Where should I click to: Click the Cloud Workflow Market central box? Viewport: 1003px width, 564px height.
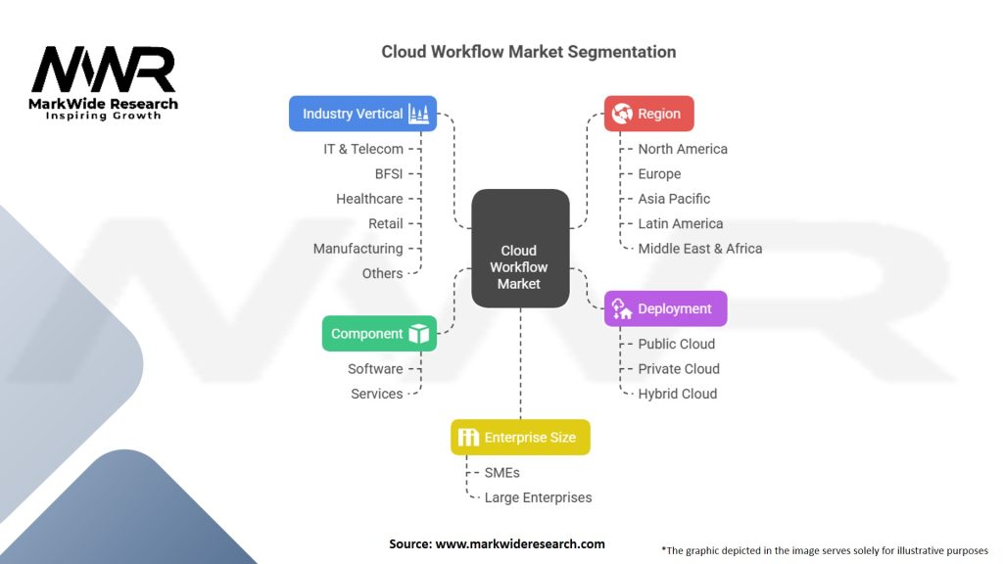pyautogui.click(x=519, y=248)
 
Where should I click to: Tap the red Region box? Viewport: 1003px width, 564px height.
pyautogui.click(x=648, y=114)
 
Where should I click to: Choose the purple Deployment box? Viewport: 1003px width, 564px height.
pyautogui.click(x=665, y=308)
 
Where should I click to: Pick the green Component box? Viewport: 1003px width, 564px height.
pyautogui.click(x=379, y=334)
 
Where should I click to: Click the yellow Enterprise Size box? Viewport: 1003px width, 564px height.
pyautogui.click(x=520, y=438)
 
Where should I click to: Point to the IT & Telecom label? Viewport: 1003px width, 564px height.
pyautogui.click(x=363, y=149)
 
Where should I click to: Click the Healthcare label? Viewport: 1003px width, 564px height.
pyautogui.click(x=369, y=199)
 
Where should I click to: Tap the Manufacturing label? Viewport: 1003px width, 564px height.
pyautogui.click(x=358, y=249)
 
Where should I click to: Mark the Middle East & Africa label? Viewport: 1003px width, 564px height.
pyautogui.click(x=699, y=249)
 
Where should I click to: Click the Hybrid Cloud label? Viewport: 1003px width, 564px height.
pyautogui.click(x=677, y=394)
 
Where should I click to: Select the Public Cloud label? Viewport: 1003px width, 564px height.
pyautogui.click(x=676, y=344)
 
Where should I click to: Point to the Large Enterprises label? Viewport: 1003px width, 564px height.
pyautogui.click(x=538, y=497)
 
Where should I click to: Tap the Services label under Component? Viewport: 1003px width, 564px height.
pyautogui.click(x=377, y=394)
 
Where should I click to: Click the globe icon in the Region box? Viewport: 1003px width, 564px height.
pyautogui.click(x=621, y=114)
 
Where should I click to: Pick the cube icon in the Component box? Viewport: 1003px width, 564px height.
pyautogui.click(x=419, y=334)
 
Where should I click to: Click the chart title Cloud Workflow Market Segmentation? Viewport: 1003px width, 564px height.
pyautogui.click(x=528, y=51)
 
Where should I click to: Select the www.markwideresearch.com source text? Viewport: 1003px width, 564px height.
pyautogui.click(x=519, y=543)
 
